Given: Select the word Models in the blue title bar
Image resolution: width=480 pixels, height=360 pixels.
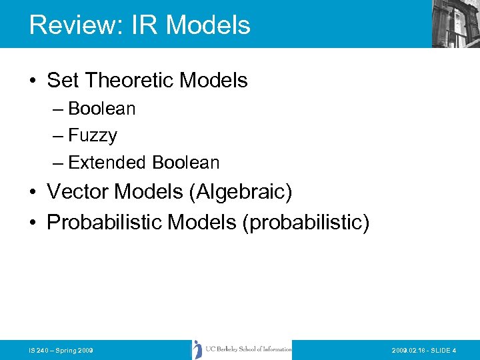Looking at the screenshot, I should pyautogui.click(x=207, y=25).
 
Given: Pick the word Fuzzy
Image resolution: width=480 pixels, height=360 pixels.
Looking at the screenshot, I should pyautogui.click(x=93, y=135).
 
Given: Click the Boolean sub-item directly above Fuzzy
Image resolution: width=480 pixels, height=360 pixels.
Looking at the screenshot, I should pyautogui.click(x=101, y=109).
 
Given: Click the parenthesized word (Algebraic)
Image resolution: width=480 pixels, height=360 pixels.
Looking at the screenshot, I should pyautogui.click(x=241, y=192).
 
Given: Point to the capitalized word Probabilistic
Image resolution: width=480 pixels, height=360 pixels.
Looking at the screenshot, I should pyautogui.click(x=104, y=222).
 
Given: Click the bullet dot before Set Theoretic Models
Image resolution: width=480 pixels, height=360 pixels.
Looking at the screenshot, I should pyautogui.click(x=33, y=81).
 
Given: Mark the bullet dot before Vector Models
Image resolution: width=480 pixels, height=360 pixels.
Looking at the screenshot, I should pyautogui.click(x=33, y=193).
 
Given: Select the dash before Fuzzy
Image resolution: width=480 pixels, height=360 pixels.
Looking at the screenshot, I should pyautogui.click(x=59, y=136).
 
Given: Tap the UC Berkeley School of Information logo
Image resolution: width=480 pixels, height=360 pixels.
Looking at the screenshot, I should pyautogui.click(x=242, y=349).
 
